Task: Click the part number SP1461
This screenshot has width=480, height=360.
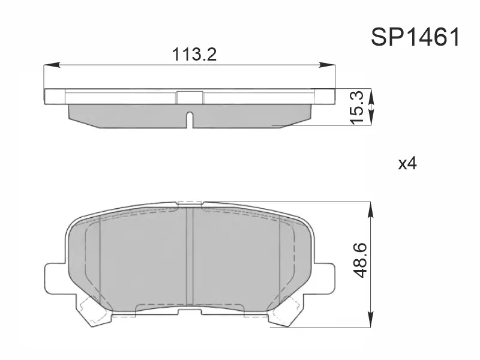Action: (x=415, y=37)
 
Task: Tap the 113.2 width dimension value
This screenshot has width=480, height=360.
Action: (x=194, y=55)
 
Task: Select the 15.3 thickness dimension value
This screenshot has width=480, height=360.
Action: (x=357, y=107)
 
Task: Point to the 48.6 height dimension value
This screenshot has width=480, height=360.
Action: (x=362, y=260)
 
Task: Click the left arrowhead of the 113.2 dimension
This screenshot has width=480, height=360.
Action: (x=51, y=65)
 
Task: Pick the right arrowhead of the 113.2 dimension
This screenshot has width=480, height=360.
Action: (x=327, y=65)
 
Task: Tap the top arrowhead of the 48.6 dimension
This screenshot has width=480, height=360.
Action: (x=370, y=209)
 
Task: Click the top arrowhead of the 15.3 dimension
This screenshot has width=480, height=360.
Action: (x=371, y=97)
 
